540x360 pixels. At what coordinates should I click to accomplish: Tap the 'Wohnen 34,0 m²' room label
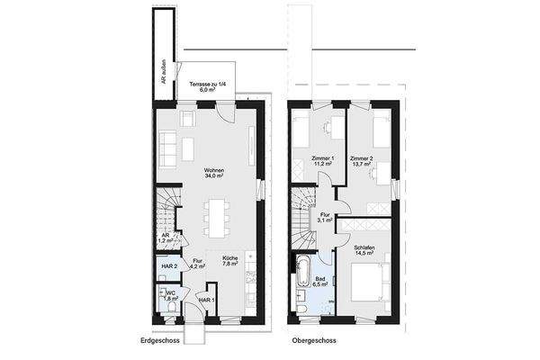(213, 174)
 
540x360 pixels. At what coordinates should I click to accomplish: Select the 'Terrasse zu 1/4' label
(208, 86)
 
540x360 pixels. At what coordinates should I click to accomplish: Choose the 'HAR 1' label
(206, 299)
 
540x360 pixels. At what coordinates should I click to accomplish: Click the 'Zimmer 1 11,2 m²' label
(322, 162)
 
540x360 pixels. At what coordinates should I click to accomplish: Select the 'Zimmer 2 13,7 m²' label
(362, 162)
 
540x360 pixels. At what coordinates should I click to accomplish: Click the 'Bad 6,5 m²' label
(320, 280)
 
